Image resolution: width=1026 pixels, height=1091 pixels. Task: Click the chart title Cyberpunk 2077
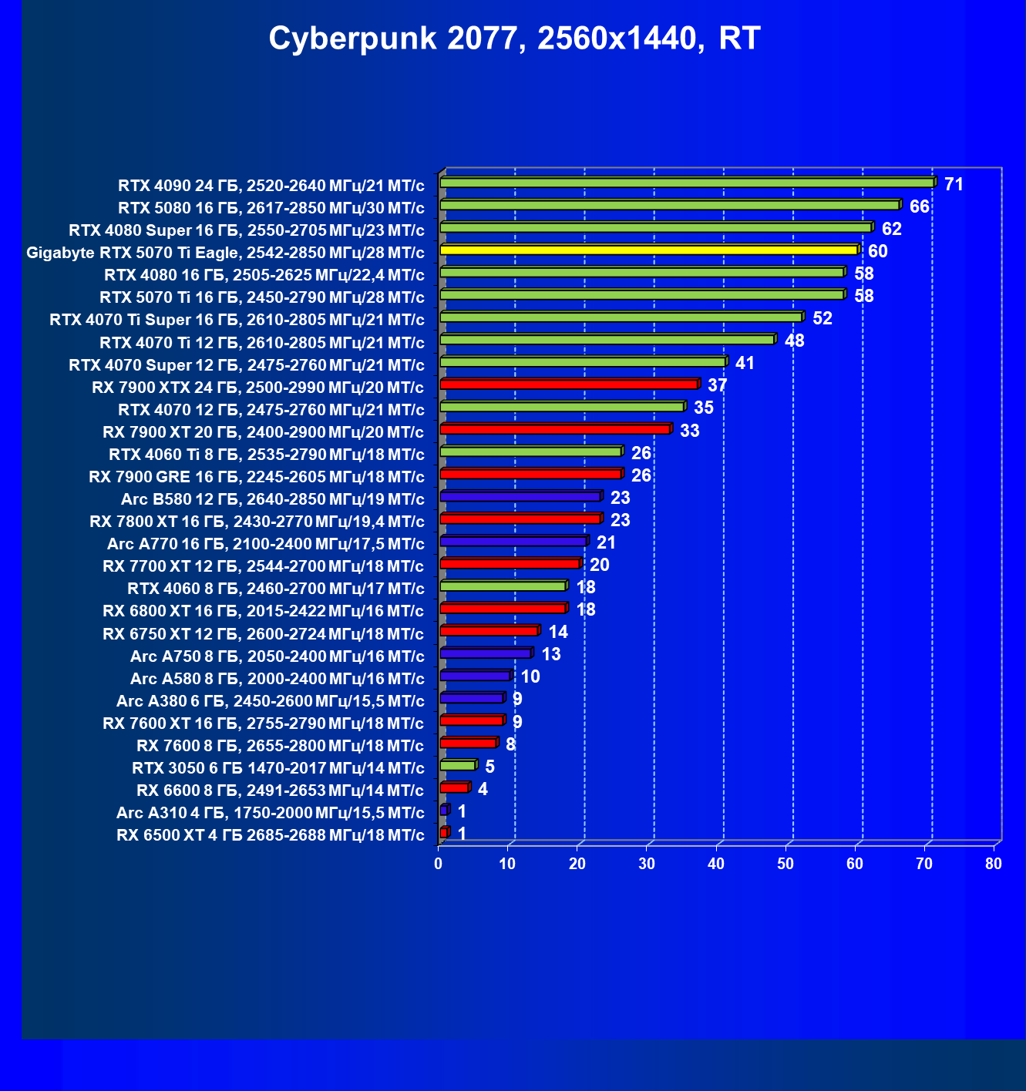point(514,39)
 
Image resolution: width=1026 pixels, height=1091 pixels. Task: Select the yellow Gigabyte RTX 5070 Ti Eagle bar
point(648,250)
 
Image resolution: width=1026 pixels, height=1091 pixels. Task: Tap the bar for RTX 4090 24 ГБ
point(686,183)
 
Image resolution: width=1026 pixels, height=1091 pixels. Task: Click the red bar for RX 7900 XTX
point(569,384)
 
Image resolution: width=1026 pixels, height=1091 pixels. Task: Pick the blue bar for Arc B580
point(520,496)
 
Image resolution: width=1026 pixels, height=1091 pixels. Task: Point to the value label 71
point(954,184)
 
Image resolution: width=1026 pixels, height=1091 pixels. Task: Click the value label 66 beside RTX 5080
point(919,206)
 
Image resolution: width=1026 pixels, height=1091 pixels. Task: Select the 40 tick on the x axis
point(716,864)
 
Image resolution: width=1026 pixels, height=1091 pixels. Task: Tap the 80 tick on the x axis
point(994,864)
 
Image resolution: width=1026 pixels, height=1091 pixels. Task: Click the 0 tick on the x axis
point(439,864)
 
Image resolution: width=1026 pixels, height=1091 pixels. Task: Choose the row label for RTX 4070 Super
point(247,364)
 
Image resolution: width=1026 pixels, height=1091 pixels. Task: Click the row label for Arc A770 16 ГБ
point(265,544)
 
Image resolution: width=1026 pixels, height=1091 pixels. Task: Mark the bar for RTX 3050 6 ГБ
point(458,765)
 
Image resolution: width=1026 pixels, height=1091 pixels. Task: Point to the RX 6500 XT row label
point(270,835)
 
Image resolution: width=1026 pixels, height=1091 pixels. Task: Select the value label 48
point(794,341)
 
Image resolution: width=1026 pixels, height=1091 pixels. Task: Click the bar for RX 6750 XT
point(489,631)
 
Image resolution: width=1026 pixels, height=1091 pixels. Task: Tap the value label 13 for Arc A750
point(551,654)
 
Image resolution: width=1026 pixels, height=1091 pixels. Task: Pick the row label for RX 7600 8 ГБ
point(280,746)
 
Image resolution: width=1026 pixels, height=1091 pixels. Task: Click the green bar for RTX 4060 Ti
point(530,452)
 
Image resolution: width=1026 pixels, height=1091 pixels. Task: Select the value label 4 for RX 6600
point(483,789)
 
